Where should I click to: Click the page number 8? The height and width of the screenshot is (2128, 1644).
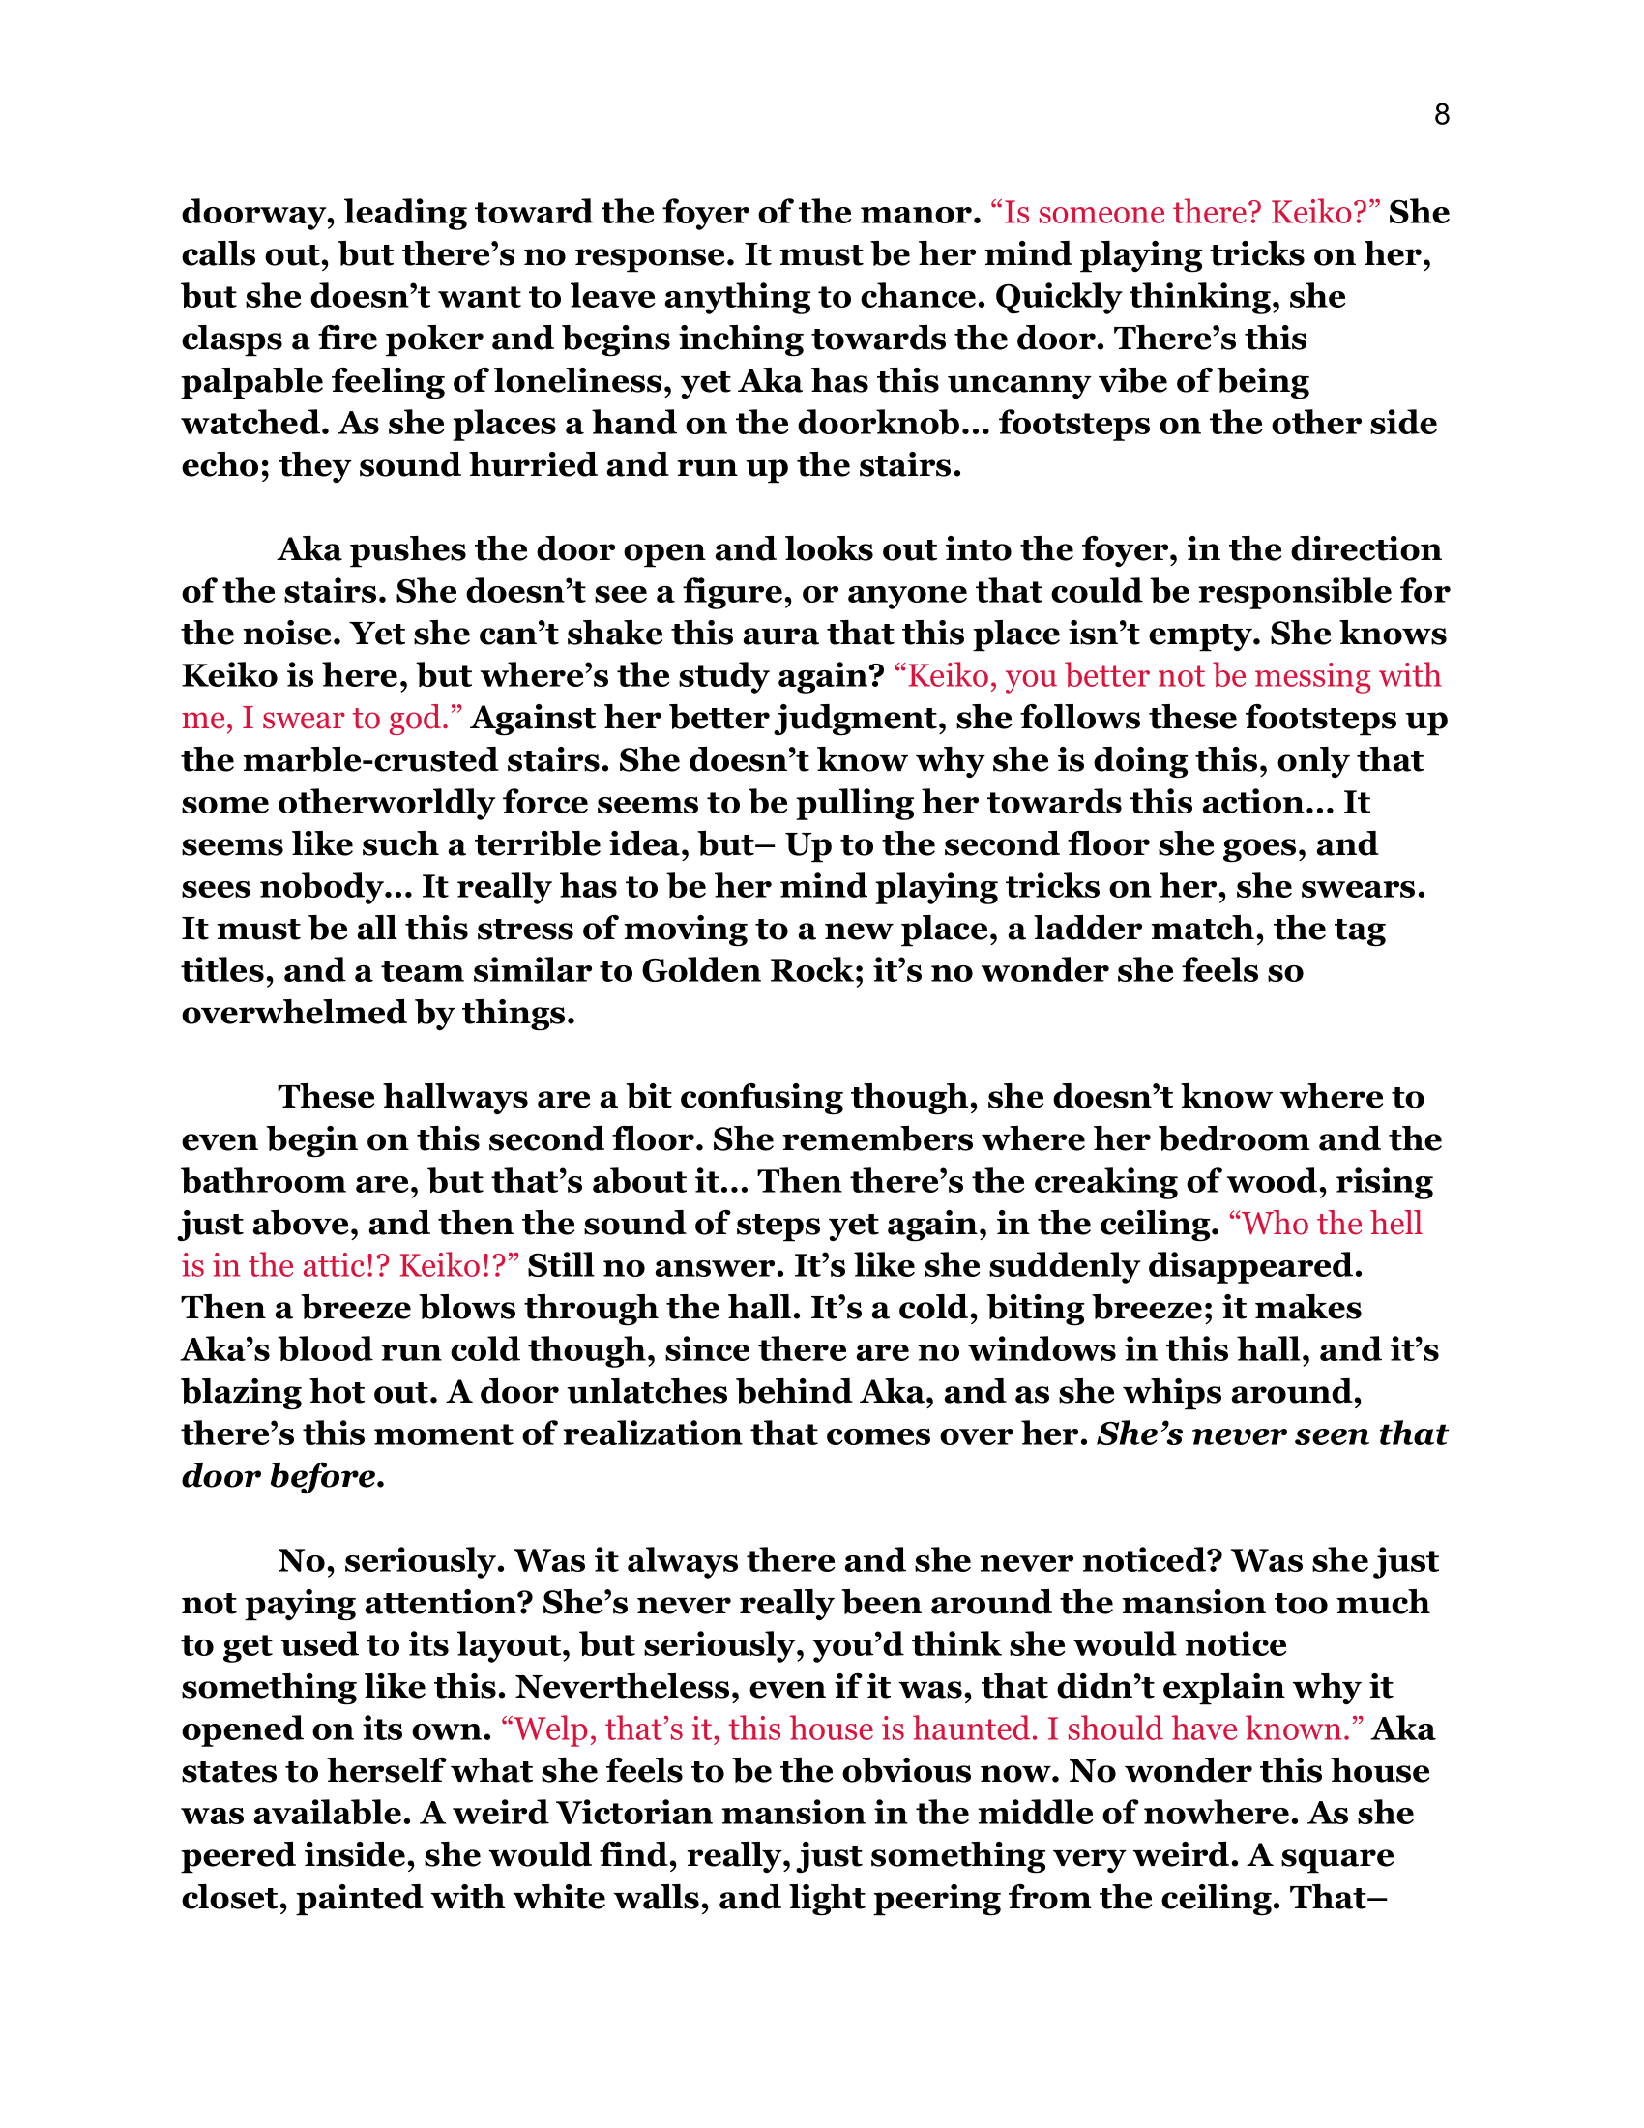pyautogui.click(x=1442, y=116)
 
